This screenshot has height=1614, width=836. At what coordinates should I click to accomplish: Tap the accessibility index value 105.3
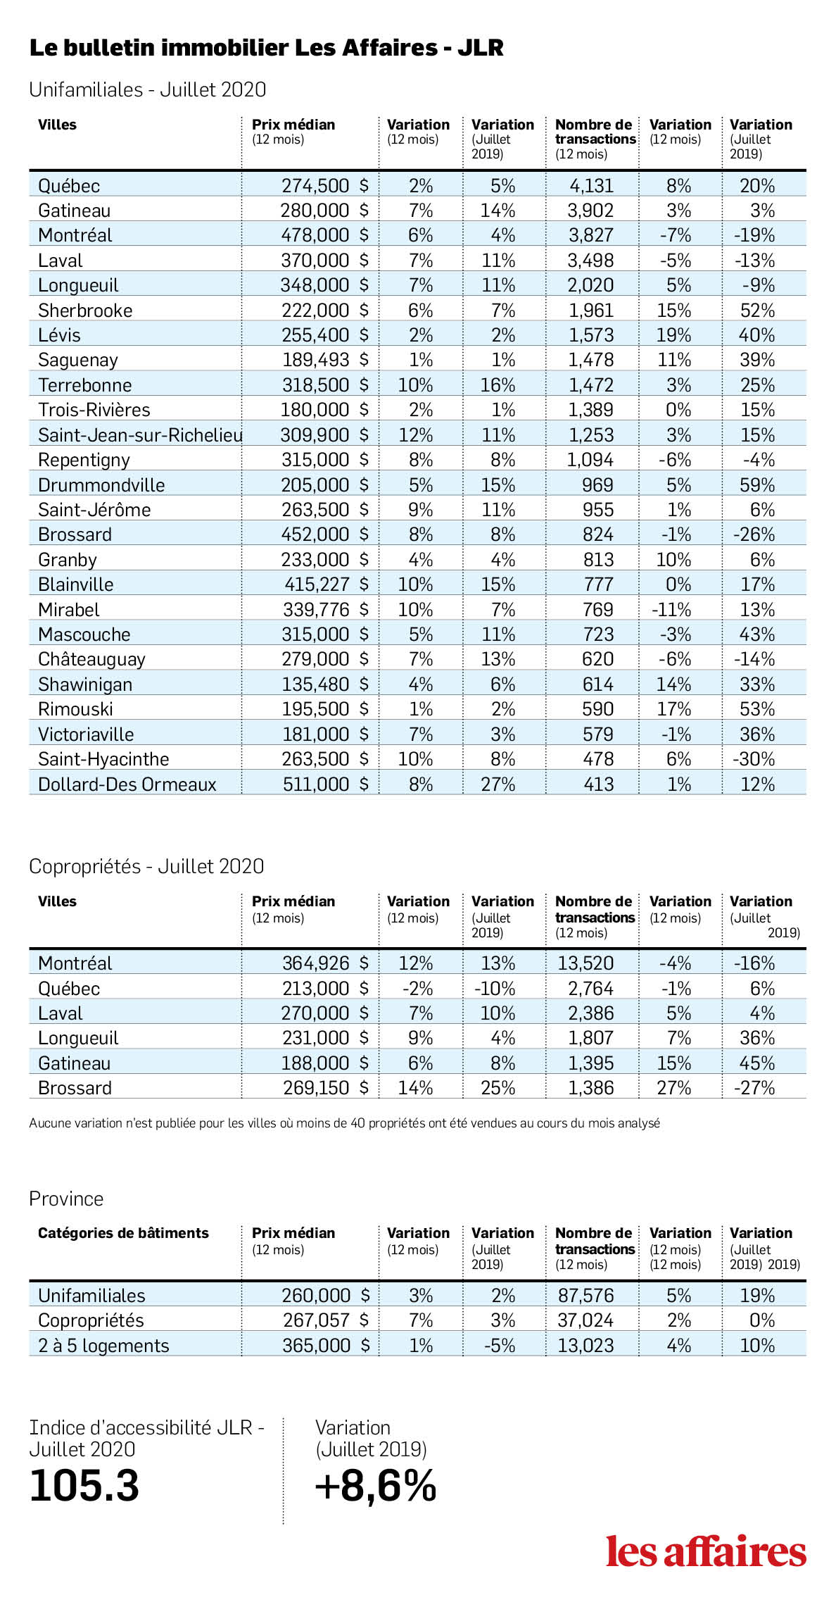point(84,1486)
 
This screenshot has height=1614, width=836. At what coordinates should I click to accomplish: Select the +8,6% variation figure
point(376,1486)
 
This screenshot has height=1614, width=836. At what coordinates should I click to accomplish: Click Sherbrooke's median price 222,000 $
point(325,311)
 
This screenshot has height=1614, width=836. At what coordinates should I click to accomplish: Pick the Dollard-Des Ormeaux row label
point(127,784)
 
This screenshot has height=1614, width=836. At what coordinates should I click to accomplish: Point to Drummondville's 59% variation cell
point(757,485)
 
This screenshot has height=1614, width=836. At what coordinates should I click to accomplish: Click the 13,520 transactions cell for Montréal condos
point(585,963)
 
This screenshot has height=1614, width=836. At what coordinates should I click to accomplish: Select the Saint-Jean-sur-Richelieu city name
point(141,435)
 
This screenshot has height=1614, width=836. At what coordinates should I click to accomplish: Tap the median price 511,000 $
point(326,784)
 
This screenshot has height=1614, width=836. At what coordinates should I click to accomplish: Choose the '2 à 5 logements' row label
point(103,1346)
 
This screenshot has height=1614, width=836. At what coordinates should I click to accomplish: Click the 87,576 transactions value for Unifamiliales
point(585,1296)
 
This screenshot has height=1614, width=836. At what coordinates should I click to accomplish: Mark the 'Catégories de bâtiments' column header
point(123,1233)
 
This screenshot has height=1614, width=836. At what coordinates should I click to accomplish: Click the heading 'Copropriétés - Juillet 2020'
point(146,866)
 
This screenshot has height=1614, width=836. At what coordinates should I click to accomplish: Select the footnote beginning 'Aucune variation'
point(345,1123)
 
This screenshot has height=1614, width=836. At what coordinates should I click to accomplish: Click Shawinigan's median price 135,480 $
point(325,684)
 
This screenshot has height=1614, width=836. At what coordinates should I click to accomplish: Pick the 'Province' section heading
point(66,1199)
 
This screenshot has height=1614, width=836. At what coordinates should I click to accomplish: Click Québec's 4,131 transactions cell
point(591,186)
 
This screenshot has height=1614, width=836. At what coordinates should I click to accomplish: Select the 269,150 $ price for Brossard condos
point(326,1088)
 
